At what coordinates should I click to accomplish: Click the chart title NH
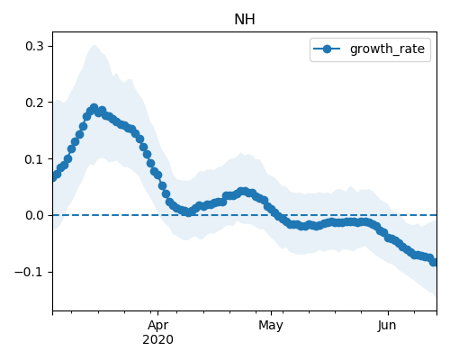point(245,20)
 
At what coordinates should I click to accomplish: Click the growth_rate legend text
point(387,49)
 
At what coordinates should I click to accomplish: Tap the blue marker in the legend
point(327,49)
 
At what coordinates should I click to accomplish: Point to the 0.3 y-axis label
point(34,46)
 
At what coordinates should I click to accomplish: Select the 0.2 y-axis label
point(34,103)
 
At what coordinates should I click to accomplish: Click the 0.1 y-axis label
point(34,159)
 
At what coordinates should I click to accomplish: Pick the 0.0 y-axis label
point(34,215)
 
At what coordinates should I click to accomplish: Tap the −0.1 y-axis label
point(29,272)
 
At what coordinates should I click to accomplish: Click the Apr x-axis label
point(157,326)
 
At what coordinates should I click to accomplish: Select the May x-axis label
point(271,326)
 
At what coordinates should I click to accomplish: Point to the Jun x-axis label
point(387,326)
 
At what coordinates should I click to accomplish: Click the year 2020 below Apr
point(157,339)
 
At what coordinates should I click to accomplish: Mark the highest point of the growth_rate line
point(94,108)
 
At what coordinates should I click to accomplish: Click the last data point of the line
point(434,263)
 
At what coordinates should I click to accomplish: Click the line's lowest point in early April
point(188,212)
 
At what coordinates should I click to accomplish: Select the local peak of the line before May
point(244,191)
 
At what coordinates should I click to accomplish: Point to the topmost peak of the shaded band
point(94,45)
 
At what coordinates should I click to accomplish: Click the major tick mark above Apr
point(158,313)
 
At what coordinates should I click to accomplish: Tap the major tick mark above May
point(271,313)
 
